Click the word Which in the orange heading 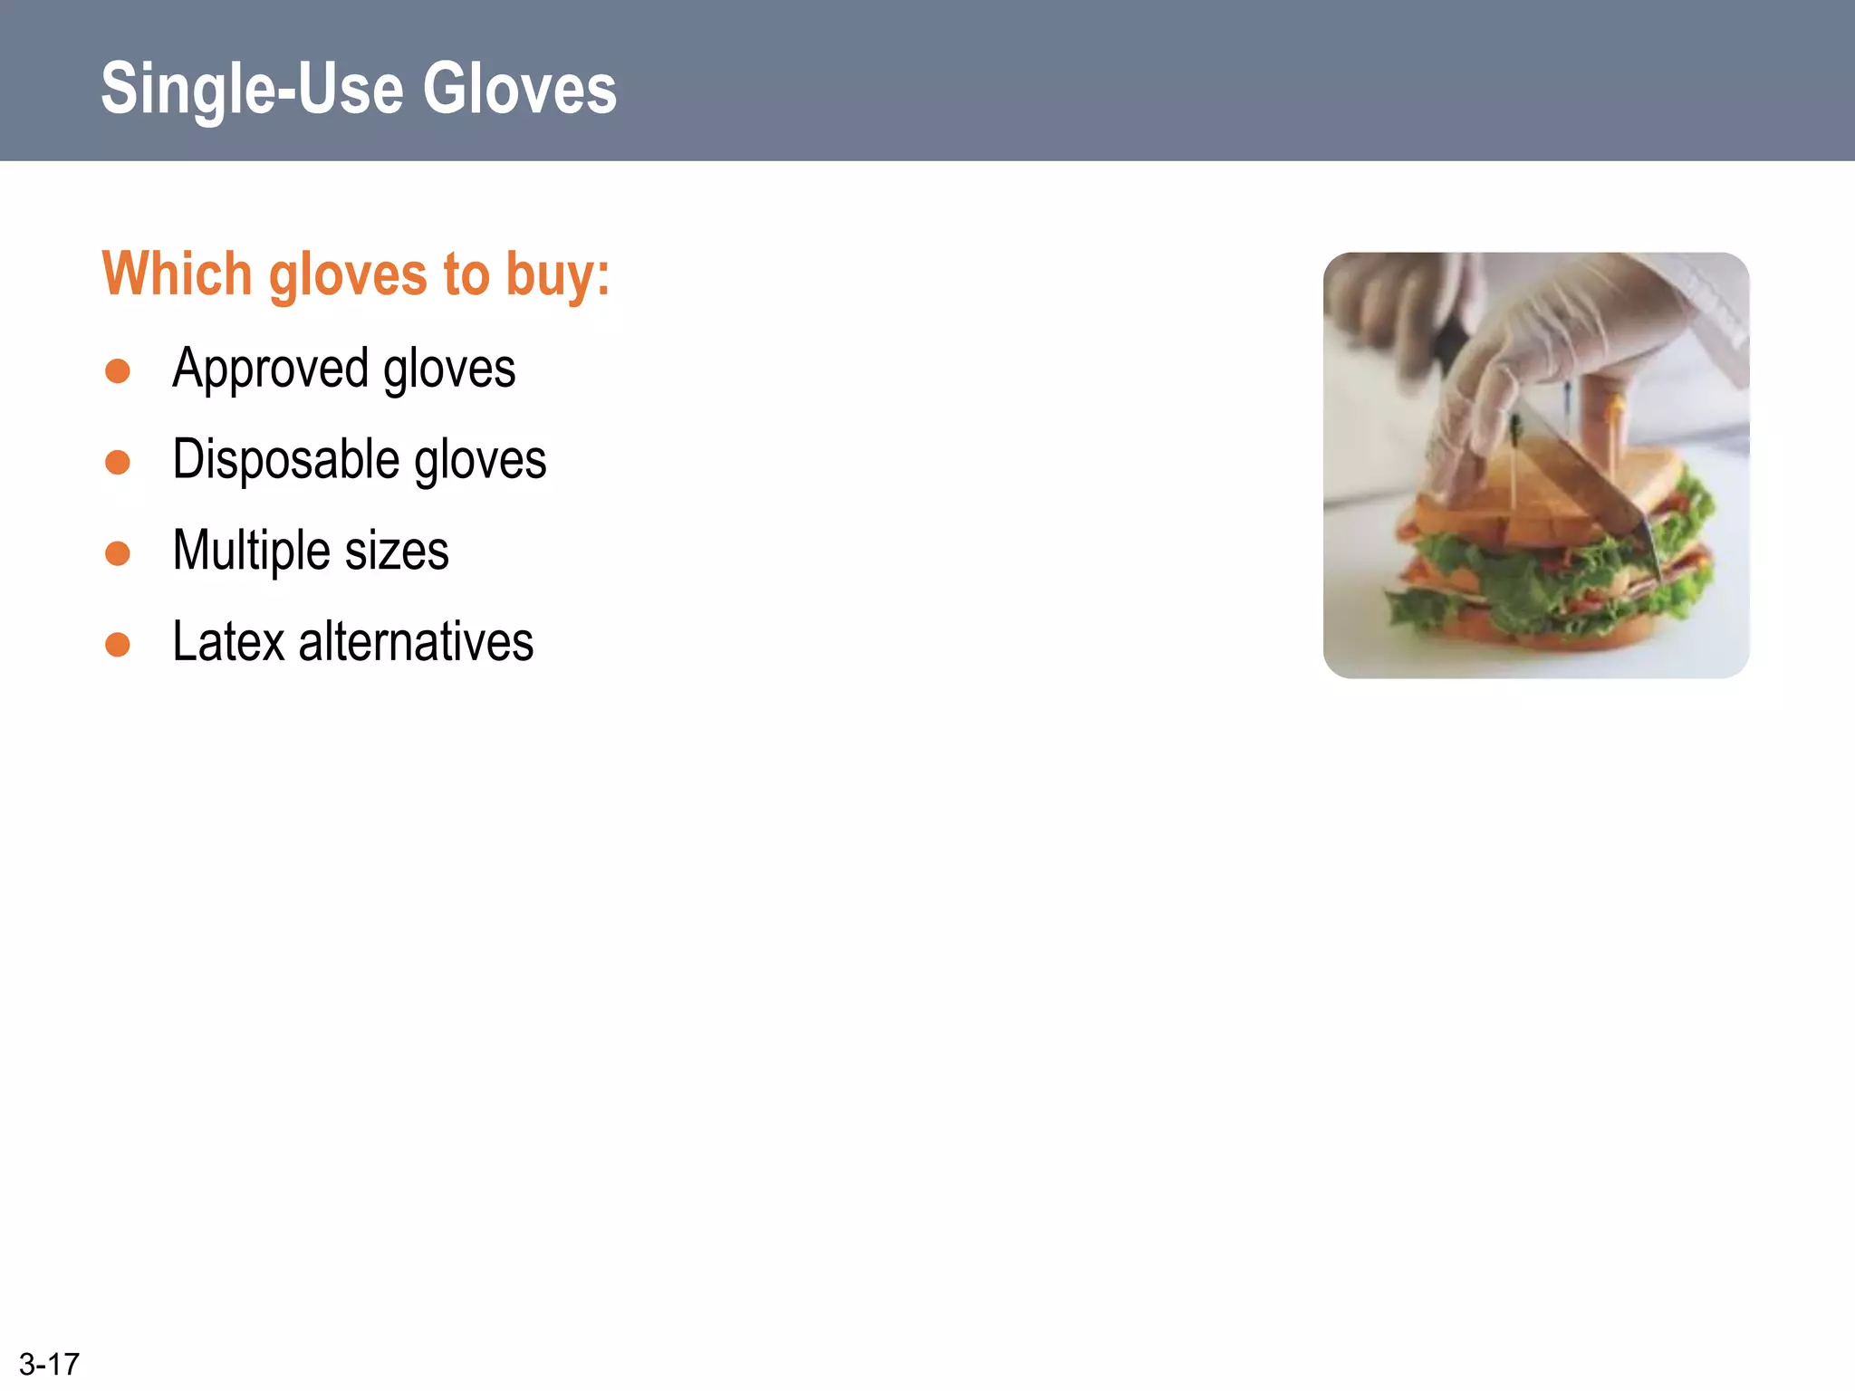pyautogui.click(x=176, y=273)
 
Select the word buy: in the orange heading pyautogui.click(x=558, y=275)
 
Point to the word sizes pyautogui.click(x=397, y=551)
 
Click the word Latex pyautogui.click(x=228, y=641)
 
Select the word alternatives pyautogui.click(x=416, y=641)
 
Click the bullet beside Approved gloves pyautogui.click(x=118, y=371)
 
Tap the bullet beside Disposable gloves pyautogui.click(x=118, y=462)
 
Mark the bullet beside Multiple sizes pyautogui.click(x=118, y=552)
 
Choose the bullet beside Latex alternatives pyautogui.click(x=118, y=644)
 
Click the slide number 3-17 pyautogui.click(x=49, y=1364)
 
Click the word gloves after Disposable pyautogui.click(x=480, y=460)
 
